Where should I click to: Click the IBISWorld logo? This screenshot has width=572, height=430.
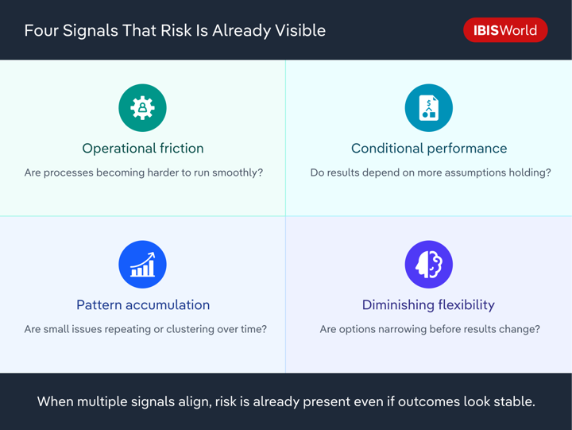point(505,30)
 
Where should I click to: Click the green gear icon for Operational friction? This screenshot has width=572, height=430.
point(142,108)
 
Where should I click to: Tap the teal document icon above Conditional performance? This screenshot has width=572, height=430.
point(428,108)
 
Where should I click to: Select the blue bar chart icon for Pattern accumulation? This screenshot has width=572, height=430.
point(142,265)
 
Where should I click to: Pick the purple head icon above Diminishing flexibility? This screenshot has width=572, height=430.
point(428,265)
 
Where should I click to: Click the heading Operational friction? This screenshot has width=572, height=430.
point(143,149)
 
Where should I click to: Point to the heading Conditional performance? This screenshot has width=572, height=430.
point(429,149)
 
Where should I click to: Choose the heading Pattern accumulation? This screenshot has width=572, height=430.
point(143,305)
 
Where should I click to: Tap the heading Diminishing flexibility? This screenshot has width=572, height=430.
point(428,305)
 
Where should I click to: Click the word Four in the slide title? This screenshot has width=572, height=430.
point(41,31)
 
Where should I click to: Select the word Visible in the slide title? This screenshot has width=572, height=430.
point(299,31)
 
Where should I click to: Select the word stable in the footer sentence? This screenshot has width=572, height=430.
point(514,402)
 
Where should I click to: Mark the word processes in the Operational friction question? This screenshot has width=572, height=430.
point(70,172)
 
